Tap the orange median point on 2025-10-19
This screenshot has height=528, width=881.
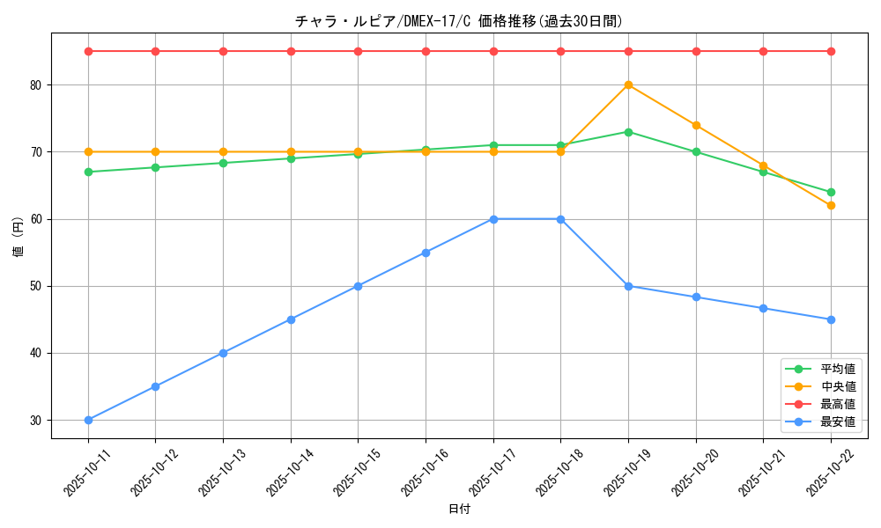(x=628, y=85)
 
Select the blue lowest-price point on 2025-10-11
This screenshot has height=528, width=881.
(x=88, y=420)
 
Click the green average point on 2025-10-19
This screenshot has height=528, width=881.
(x=628, y=132)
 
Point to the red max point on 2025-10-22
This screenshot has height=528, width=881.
(x=831, y=51)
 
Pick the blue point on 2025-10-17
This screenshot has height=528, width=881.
(x=493, y=219)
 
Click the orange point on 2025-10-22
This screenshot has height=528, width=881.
(x=831, y=205)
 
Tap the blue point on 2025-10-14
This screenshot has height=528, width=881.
(x=291, y=319)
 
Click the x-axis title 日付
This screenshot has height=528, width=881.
(x=459, y=510)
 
